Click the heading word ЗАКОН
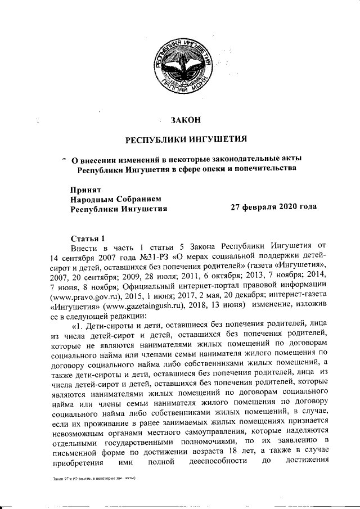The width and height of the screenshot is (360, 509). tap(186, 119)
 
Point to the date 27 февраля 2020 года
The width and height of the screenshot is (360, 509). tap(274, 207)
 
